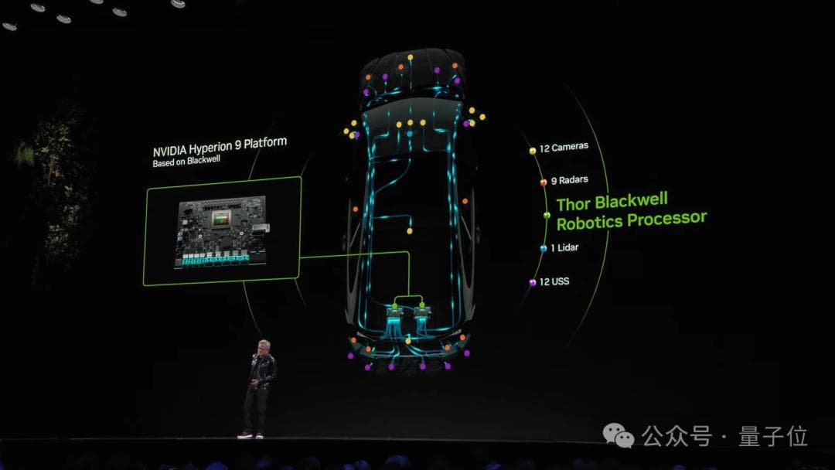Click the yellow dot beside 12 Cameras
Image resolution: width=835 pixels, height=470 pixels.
click(532, 151)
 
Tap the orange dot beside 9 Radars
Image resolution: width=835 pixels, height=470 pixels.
click(544, 182)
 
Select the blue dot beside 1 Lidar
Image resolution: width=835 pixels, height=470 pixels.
click(544, 248)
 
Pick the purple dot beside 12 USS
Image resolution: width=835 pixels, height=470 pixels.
click(532, 283)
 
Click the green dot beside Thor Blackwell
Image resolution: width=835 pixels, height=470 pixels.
click(547, 215)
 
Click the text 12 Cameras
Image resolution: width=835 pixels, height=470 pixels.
click(564, 147)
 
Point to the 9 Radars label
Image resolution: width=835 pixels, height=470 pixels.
click(569, 180)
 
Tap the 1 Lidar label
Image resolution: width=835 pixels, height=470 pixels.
click(564, 247)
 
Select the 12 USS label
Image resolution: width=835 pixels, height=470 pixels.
click(554, 281)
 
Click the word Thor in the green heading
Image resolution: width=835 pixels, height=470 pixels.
click(574, 204)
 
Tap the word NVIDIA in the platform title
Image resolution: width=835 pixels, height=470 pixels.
click(169, 151)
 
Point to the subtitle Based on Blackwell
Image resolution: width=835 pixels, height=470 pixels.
click(186, 162)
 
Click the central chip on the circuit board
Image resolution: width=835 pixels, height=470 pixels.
click(222, 218)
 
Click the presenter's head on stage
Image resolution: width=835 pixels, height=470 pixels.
click(264, 347)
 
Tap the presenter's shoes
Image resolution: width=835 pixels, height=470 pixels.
click(250, 435)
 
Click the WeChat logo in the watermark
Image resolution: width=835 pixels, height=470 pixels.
click(619, 435)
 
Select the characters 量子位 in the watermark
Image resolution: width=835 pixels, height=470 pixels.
click(772, 437)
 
